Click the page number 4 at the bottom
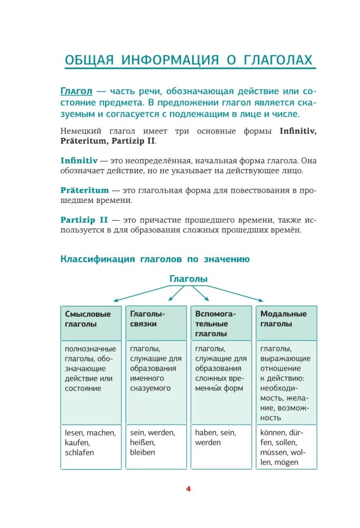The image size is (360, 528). tap(188, 488)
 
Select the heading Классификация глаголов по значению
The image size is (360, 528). tap(155, 259)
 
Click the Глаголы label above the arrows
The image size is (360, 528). tap(188, 279)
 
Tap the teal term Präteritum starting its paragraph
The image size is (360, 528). tap(84, 190)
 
